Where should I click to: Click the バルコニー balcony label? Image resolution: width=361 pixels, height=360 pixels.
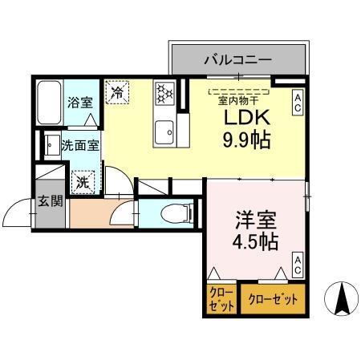(238, 59)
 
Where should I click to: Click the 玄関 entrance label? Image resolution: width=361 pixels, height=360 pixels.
(50, 200)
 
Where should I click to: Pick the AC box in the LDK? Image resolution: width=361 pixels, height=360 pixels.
(297, 101)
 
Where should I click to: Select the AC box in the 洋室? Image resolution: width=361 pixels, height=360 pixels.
(297, 265)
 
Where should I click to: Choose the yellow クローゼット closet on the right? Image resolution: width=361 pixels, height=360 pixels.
(272, 300)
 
